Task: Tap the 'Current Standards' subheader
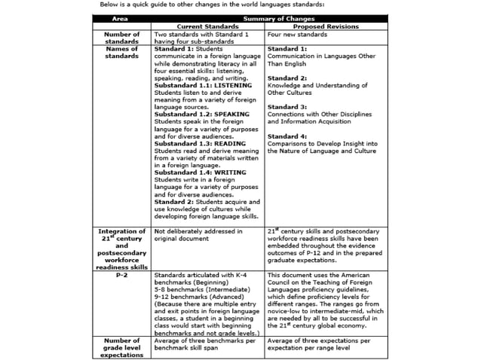(207, 26)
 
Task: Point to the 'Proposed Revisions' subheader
(326, 26)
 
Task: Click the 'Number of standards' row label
(121, 38)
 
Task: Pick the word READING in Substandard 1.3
(223, 142)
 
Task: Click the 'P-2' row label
(121, 276)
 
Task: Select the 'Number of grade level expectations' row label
(121, 347)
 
